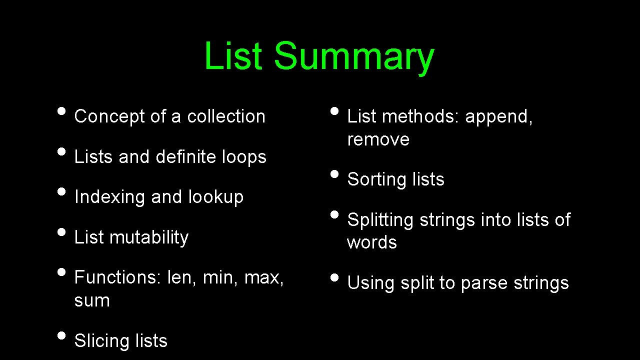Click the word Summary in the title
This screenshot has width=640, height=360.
[x=353, y=56]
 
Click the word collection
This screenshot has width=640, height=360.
[x=226, y=116]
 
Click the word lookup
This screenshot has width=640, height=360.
[x=215, y=197]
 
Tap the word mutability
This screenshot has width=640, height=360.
[x=149, y=237]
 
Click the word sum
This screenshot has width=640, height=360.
[x=92, y=300]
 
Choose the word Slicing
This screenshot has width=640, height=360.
[x=95, y=341]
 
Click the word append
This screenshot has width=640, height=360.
[x=498, y=116]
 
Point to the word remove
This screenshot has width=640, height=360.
[x=378, y=139]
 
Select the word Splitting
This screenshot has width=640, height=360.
[x=380, y=220]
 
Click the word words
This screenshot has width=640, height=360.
[x=372, y=242]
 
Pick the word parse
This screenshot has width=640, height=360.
[x=482, y=283]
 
